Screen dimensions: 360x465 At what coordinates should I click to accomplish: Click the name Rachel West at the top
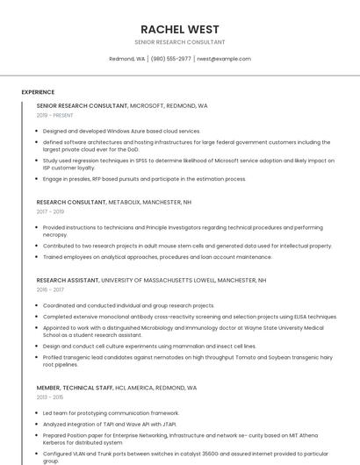179,29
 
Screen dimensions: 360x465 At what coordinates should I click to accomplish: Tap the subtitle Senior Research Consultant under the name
179,42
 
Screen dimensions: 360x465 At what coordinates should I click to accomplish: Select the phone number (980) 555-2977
170,59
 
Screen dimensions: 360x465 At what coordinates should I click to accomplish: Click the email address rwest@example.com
224,59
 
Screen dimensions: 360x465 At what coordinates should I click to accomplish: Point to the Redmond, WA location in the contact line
127,59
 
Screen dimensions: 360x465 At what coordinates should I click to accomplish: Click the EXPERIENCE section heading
38,92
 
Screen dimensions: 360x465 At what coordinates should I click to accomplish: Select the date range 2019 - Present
55,115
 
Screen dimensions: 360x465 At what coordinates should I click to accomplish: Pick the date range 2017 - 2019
50,211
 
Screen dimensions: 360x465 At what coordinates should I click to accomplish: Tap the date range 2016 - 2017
50,290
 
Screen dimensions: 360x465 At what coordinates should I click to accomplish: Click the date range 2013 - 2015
50,397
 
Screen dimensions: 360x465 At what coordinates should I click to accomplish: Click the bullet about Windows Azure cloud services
121,131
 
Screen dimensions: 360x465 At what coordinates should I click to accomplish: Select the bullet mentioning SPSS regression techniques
188,164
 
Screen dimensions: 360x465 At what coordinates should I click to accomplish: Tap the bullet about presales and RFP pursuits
144,179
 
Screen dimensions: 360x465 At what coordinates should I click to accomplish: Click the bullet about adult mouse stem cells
187,247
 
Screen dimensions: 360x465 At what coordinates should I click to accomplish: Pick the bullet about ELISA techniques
190,317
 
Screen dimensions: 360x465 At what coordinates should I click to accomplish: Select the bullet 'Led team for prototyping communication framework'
111,412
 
